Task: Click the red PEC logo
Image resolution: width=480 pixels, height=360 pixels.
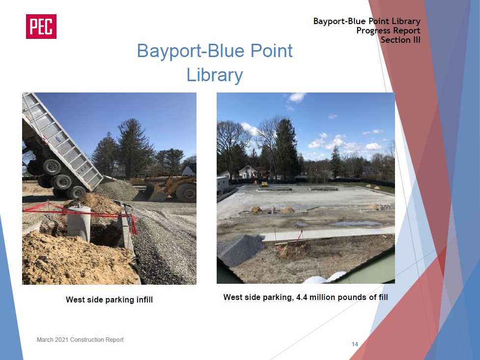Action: click(41, 27)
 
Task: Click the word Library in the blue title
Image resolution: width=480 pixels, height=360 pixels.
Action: click(215, 75)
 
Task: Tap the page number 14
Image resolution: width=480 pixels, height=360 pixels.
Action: click(355, 344)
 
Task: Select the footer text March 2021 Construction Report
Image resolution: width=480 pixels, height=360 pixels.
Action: click(80, 339)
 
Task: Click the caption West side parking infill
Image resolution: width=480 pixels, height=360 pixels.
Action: click(109, 300)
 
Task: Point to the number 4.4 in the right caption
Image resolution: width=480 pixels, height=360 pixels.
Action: click(301, 297)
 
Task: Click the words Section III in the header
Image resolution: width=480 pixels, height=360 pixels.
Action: click(400, 40)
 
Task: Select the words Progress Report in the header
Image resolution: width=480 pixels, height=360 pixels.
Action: click(388, 30)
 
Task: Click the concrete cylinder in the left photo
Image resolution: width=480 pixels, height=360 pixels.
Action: click(79, 223)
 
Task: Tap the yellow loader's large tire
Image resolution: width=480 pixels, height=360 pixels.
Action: click(186, 193)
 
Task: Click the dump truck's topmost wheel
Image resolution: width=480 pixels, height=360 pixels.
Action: click(51, 167)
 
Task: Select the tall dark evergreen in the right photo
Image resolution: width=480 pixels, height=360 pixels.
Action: click(286, 149)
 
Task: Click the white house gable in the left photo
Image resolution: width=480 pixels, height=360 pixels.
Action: click(189, 171)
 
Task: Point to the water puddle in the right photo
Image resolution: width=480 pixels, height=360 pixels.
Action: click(355, 224)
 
